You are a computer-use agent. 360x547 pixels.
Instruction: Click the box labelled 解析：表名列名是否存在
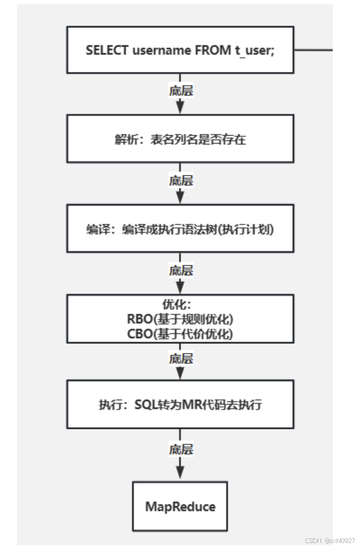tap(180, 138)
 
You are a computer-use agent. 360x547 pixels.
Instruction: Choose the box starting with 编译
tap(180, 229)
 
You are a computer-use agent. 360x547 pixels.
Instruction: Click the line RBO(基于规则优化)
tap(180, 319)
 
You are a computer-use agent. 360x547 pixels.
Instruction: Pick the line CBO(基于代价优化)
tap(180, 334)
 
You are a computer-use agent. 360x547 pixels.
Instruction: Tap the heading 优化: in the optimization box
tap(180, 305)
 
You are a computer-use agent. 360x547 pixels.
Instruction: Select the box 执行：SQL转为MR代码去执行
tap(180, 404)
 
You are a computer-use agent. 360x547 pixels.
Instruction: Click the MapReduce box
tap(180, 506)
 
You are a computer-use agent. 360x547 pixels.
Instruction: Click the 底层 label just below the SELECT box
tap(180, 91)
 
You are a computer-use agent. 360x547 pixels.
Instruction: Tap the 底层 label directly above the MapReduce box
tap(180, 449)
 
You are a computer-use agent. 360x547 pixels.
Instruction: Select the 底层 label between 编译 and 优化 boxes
tap(180, 271)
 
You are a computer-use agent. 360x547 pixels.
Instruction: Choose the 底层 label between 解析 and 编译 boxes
tap(180, 180)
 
